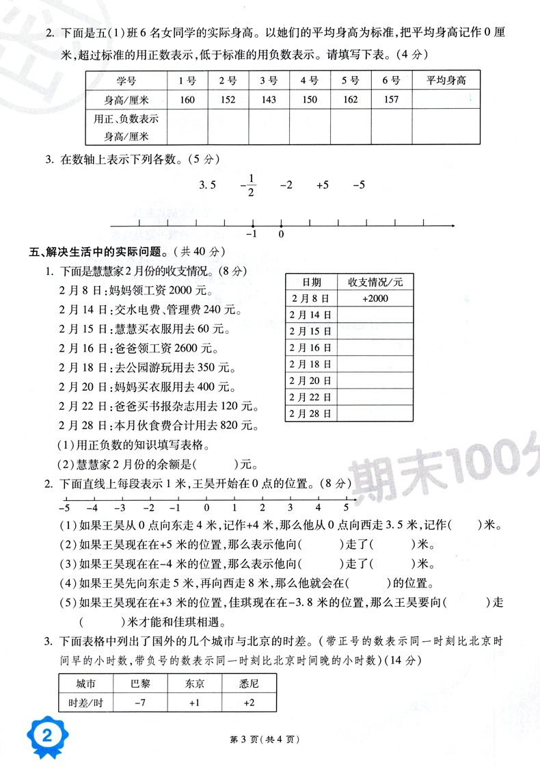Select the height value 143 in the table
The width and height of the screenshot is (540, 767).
pos(268,100)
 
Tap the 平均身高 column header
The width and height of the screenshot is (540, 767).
pos(446,81)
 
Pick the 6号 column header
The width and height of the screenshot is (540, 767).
pos(391,81)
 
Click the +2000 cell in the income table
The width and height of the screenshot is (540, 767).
pos(375,298)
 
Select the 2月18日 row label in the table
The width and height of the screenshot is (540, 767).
pos(310,364)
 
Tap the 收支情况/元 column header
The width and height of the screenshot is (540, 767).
pos(375,282)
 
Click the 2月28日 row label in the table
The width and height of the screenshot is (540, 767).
pos(310,413)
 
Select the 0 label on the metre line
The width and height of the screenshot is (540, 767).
pos(206,508)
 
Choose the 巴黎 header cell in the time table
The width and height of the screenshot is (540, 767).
pos(140,683)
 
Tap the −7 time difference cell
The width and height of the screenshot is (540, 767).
pos(140,703)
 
